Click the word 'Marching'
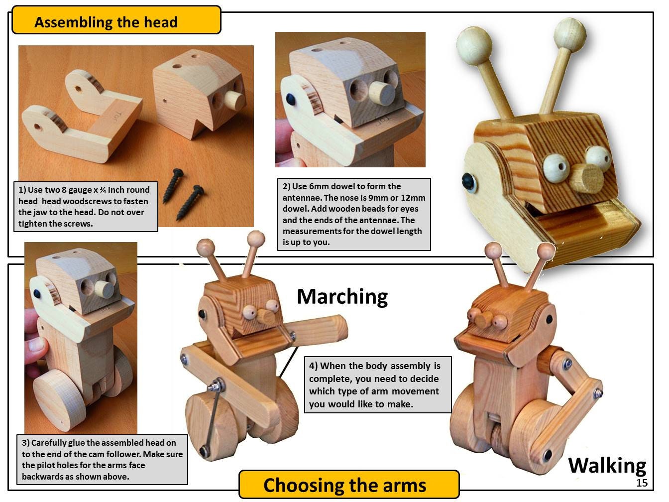click(342, 296)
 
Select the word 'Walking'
click(607, 465)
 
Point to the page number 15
click(642, 483)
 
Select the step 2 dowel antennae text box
click(353, 214)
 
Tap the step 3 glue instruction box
click(103, 459)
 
